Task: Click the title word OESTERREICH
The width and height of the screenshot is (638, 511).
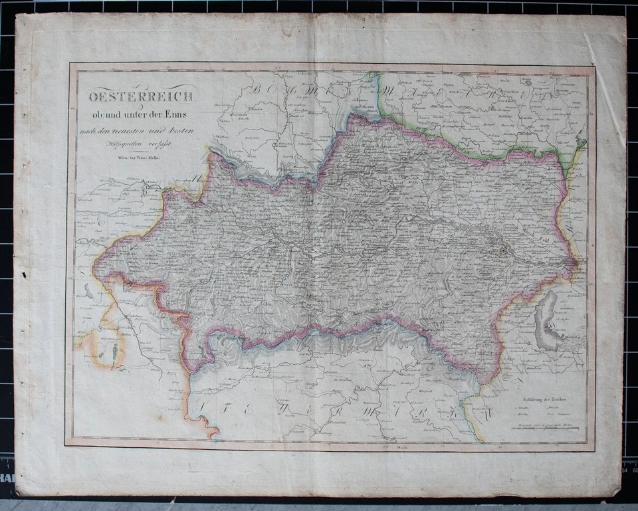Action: [142, 96]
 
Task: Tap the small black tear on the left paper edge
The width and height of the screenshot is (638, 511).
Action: [23, 274]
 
